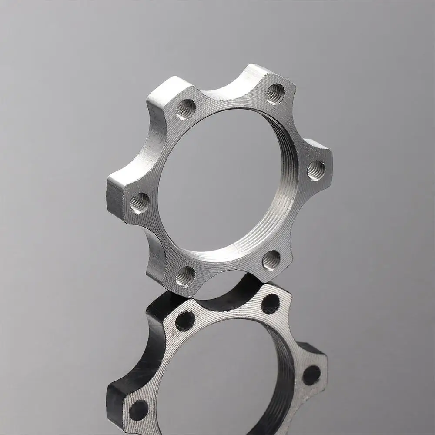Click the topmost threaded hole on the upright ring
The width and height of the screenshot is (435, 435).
click(x=275, y=94)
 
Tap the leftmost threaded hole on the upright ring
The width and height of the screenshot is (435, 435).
click(x=139, y=202)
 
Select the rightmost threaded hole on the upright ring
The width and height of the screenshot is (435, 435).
click(x=316, y=170)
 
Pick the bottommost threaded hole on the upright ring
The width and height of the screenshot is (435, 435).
click(x=185, y=276)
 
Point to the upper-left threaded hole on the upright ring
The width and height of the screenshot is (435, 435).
click(x=186, y=110)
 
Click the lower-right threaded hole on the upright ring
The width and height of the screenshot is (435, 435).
click(x=271, y=260)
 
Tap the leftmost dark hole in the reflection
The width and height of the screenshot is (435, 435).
click(x=139, y=409)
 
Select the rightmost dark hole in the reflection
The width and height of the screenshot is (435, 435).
click(x=311, y=375)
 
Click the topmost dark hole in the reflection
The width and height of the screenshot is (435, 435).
click(x=270, y=303)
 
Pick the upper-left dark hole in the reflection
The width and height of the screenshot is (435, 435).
click(x=185, y=321)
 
